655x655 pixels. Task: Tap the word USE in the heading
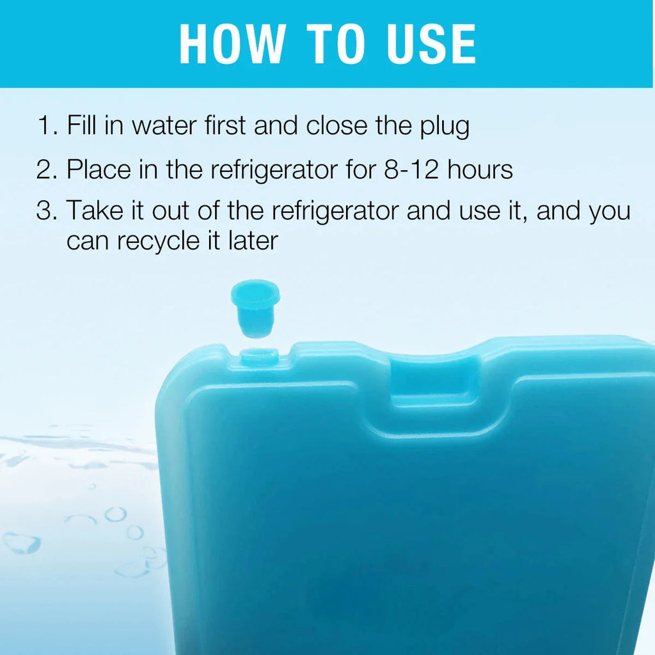click(x=432, y=44)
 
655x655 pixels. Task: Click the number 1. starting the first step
click(x=47, y=125)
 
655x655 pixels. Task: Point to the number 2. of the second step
click(x=47, y=170)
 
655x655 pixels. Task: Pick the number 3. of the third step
click(x=47, y=210)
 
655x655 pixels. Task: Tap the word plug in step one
click(x=445, y=127)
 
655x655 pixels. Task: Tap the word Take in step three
click(x=95, y=210)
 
